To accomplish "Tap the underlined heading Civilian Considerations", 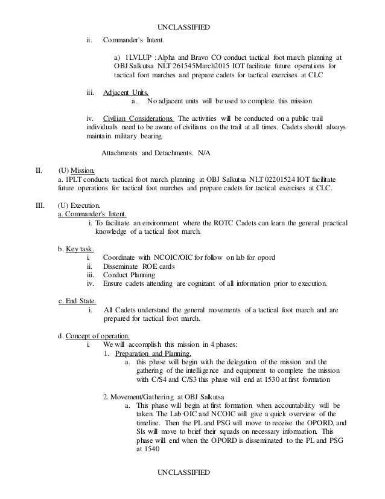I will (x=139, y=118).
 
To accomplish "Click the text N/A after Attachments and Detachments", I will (x=204, y=153).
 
